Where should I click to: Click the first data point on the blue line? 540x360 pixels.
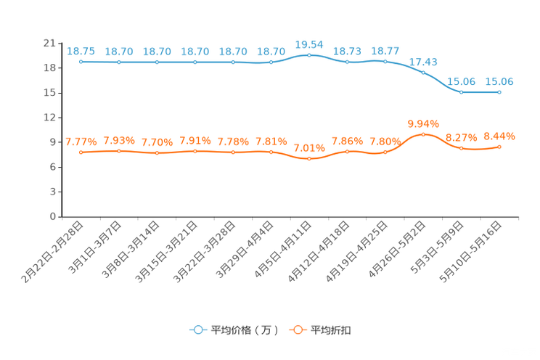81,62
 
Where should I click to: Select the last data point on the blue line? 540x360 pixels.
499,92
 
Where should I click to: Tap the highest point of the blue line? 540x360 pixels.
309,54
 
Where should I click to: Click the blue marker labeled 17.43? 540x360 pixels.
423,72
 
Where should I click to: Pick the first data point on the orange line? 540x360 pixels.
81,152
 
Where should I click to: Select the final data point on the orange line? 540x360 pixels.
499,147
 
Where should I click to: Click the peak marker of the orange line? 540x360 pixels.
423,134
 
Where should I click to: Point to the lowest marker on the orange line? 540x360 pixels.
309,158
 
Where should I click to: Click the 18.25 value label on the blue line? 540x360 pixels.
81,50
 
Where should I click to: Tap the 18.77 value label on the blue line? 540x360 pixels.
385,50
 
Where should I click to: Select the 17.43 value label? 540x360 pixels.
423,61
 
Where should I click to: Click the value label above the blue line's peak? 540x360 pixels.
309,44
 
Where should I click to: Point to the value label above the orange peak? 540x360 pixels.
423,123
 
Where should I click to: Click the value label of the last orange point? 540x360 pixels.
499,136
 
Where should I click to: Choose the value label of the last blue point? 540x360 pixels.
499,81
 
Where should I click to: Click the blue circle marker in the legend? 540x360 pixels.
197,330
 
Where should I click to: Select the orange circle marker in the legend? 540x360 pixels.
297,330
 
